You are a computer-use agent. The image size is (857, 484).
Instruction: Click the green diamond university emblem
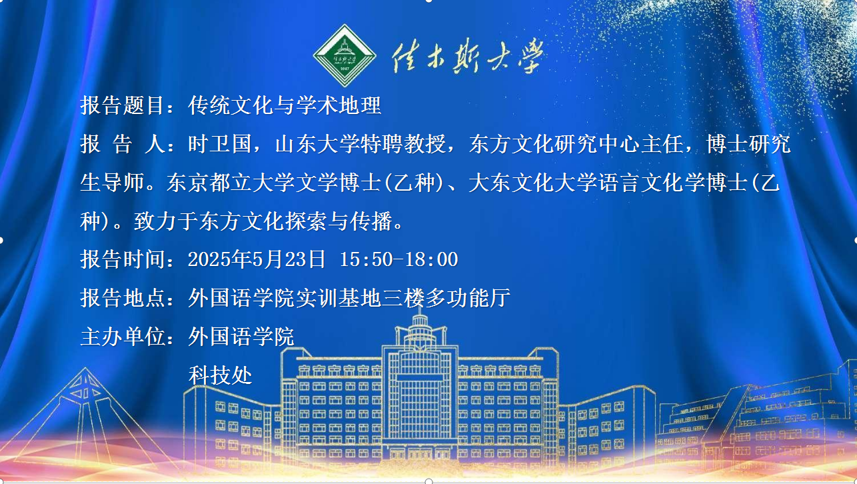pos(345,55)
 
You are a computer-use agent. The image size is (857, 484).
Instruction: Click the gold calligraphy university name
pos(468,56)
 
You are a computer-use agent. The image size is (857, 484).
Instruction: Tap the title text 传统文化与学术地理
pos(285,105)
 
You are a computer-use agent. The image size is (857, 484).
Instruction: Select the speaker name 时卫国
pos(220,144)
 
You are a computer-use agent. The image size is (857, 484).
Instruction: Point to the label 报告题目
pos(123,105)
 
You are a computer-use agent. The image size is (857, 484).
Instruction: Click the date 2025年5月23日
pos(257,259)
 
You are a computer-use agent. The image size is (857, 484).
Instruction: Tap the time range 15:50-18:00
pos(399,259)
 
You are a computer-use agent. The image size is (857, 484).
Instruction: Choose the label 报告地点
pos(123,298)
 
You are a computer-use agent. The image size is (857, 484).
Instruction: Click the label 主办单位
pos(123,337)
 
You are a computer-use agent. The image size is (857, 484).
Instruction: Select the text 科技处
pos(220,375)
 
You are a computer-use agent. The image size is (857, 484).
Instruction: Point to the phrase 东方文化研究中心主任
pos(576,144)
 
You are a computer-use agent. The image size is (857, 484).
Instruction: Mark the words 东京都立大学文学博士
pos(274,183)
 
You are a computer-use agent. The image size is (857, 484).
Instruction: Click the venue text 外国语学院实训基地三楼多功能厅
pos(349,298)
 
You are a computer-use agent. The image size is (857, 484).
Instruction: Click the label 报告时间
pos(123,259)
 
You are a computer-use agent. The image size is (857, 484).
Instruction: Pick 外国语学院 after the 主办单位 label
pos(241,337)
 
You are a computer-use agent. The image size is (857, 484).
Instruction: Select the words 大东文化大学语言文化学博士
pos(608,183)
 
